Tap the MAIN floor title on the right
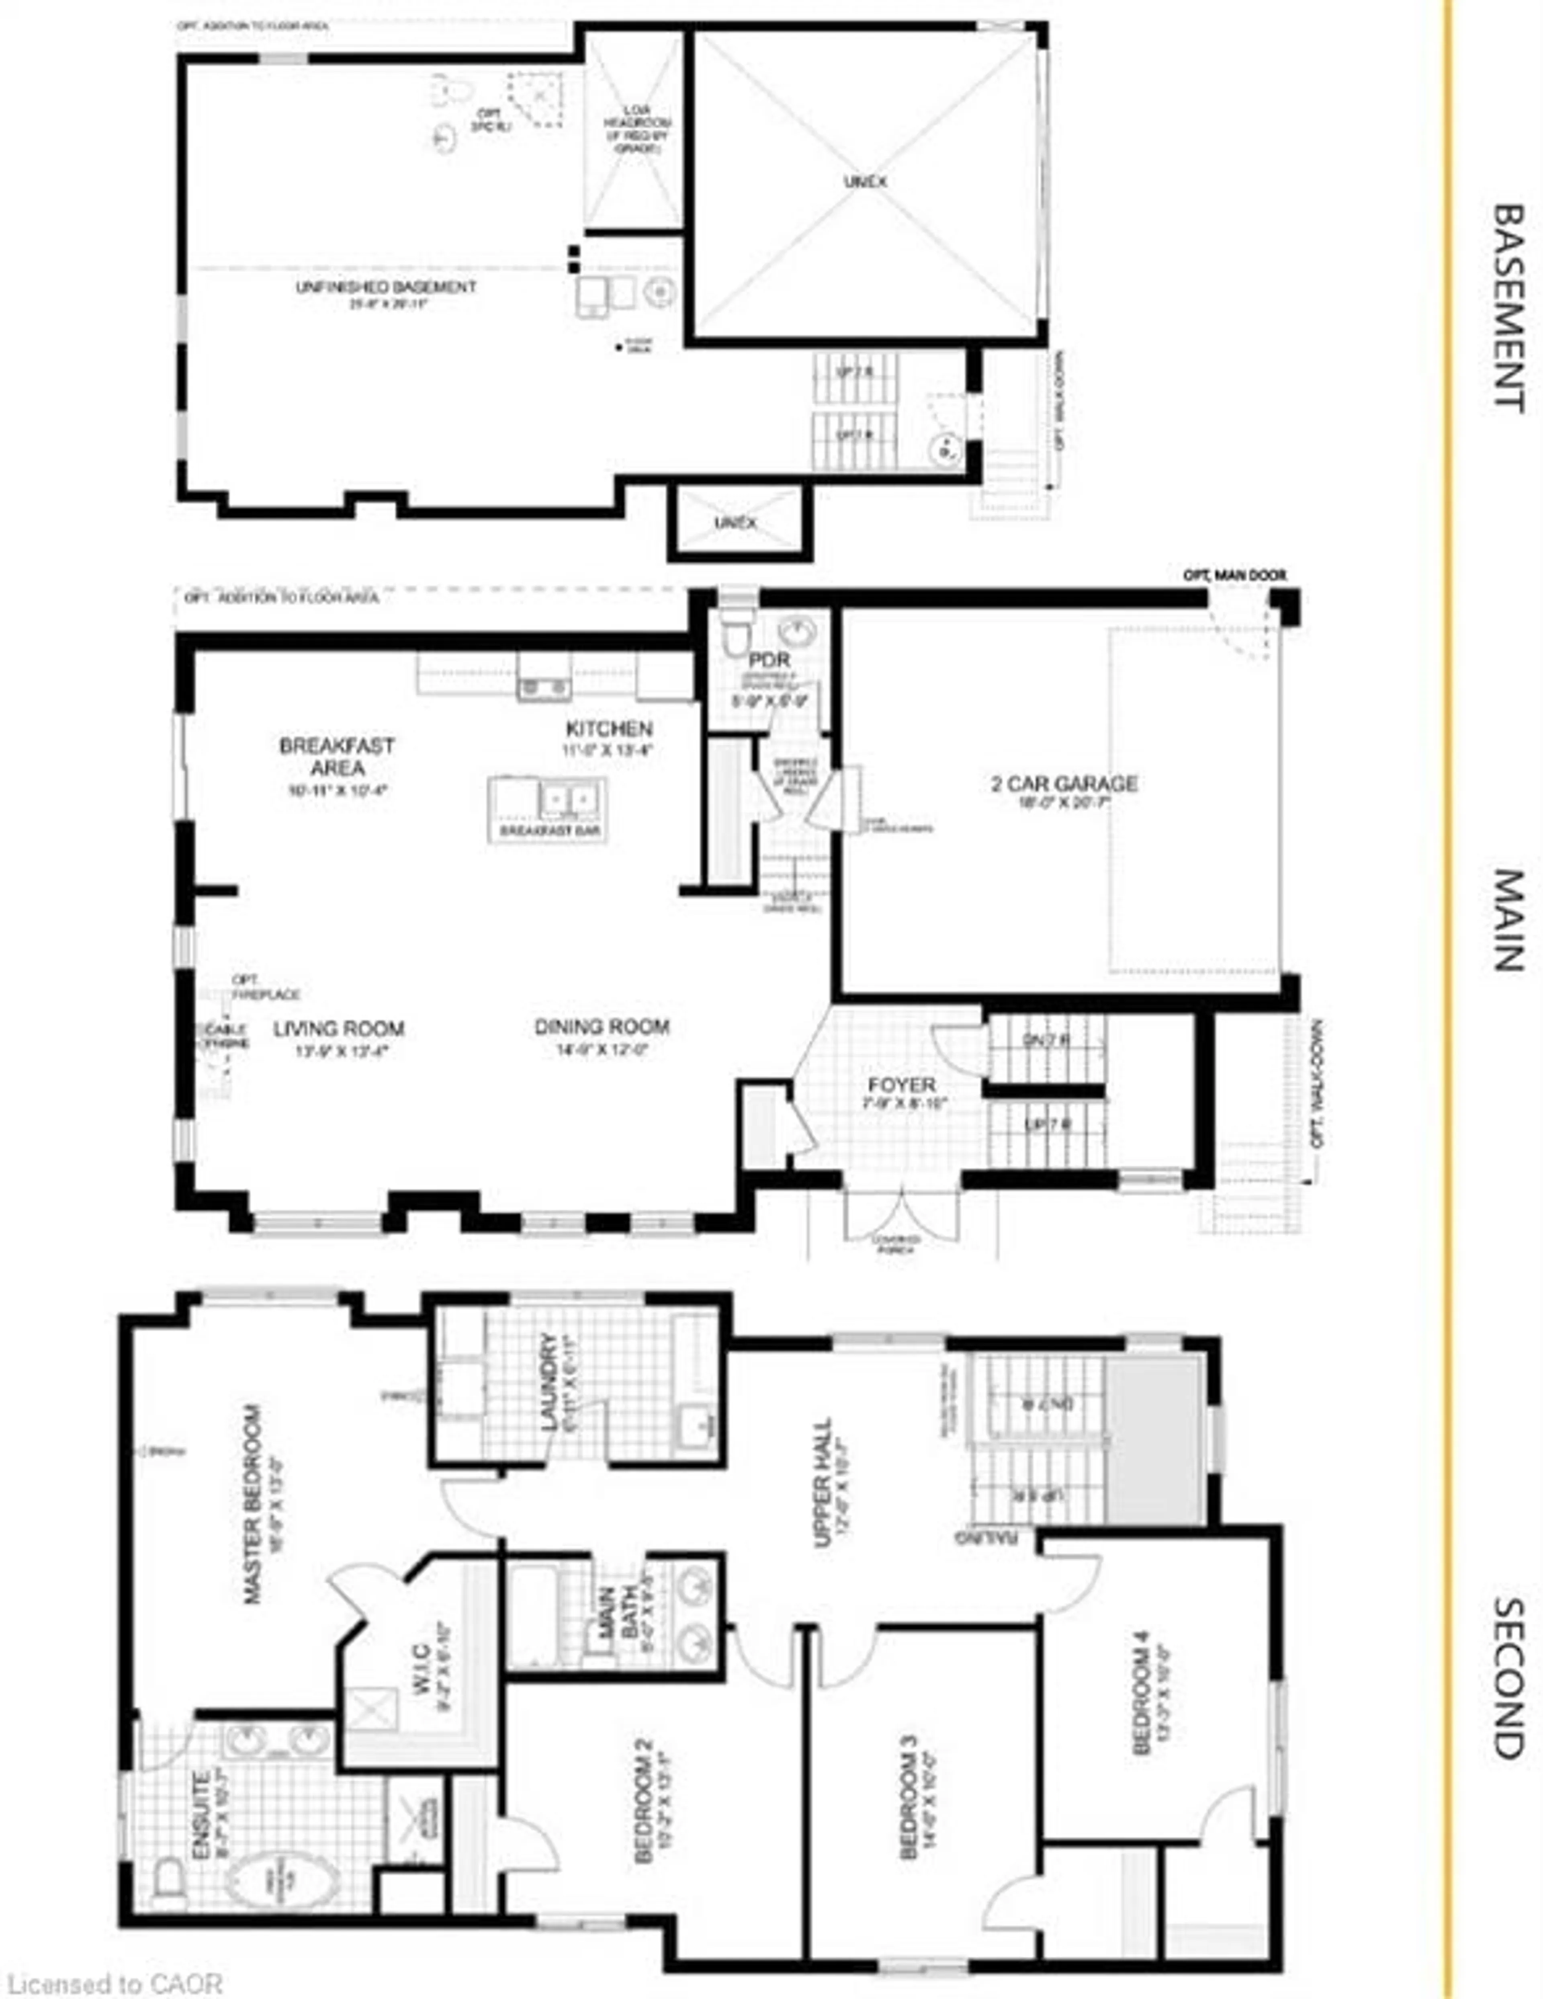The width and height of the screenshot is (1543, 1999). pyautogui.click(x=1508, y=920)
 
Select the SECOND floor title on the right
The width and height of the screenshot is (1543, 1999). pyautogui.click(x=1508, y=1678)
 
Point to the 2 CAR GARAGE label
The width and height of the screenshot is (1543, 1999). pyautogui.click(x=1064, y=783)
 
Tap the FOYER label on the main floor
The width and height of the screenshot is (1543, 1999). pyautogui.click(x=901, y=1085)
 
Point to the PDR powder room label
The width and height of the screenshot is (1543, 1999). pyautogui.click(x=769, y=660)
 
